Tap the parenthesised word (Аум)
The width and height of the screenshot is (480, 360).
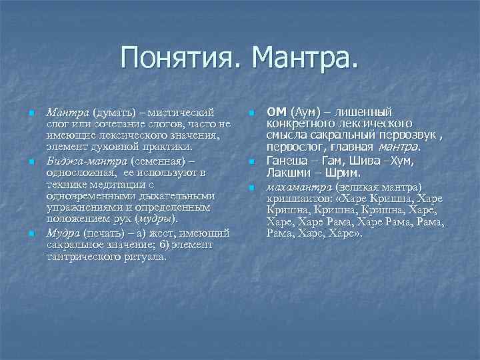305,112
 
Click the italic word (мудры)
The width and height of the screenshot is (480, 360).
157,219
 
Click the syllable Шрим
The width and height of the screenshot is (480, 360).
341,172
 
